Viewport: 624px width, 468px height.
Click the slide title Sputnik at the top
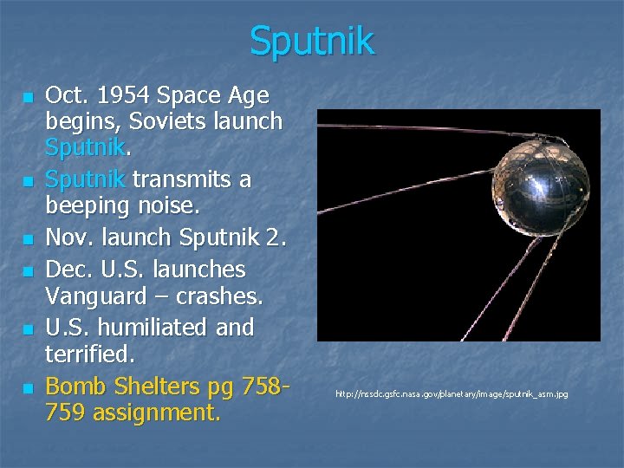coord(312,41)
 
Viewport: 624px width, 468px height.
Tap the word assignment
coord(153,412)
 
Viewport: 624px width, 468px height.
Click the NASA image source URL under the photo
coord(452,394)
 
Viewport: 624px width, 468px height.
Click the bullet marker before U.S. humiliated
coord(28,329)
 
